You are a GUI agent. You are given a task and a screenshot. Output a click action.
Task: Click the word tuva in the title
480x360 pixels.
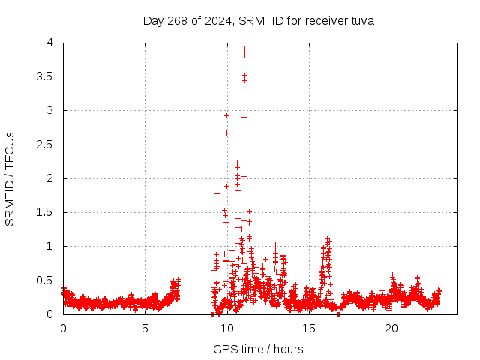click(x=361, y=21)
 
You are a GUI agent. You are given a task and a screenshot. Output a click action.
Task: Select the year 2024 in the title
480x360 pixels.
click(x=218, y=21)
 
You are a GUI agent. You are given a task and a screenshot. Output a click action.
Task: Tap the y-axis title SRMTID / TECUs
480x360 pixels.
click(x=10, y=178)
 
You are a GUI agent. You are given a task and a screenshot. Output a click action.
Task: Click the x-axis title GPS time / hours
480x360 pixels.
click(x=258, y=349)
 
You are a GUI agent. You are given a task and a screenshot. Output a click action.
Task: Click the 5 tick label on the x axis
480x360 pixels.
click(x=145, y=328)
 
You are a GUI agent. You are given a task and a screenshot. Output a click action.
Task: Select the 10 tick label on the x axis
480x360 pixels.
click(x=226, y=328)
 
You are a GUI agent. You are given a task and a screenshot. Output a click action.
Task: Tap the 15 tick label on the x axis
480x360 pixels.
click(x=309, y=328)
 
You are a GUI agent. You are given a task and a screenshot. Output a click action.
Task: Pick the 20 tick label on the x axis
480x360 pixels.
click(x=391, y=328)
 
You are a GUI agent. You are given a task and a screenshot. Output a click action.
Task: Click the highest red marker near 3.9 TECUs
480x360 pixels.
click(x=244, y=49)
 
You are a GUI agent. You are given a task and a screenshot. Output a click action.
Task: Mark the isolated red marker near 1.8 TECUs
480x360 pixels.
click(x=217, y=193)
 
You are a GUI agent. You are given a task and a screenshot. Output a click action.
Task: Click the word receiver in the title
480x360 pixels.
click(x=326, y=21)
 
